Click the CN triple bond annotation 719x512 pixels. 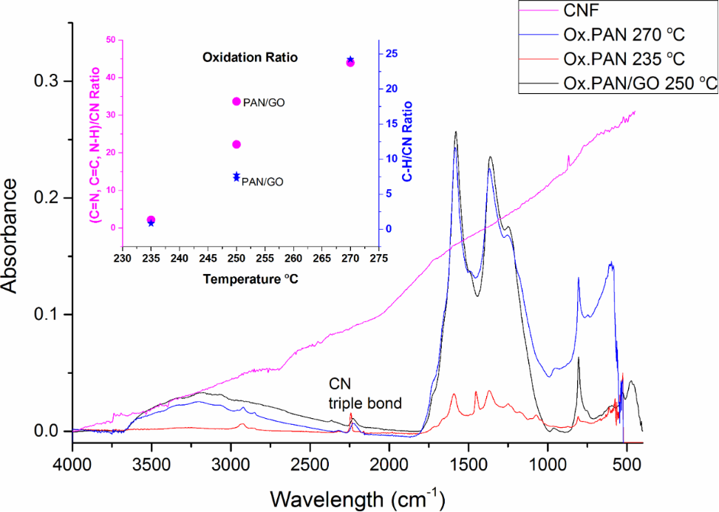[x=365, y=393]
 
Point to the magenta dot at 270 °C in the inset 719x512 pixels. [x=350, y=63]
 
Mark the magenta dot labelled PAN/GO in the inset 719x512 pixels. [x=236, y=101]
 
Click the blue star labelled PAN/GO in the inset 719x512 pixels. [x=236, y=177]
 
